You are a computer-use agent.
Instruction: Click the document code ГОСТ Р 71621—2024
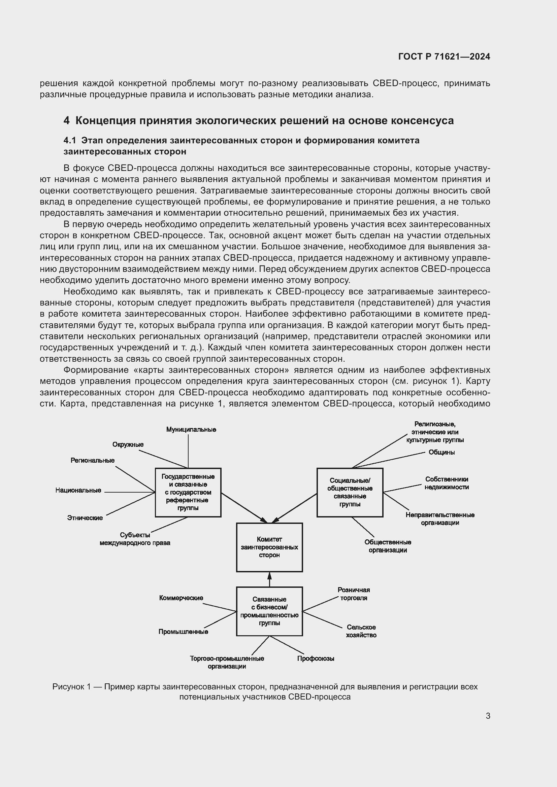[x=444, y=57]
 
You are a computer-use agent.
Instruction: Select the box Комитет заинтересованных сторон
[x=269, y=547]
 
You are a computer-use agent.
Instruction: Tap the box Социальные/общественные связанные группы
[x=350, y=492]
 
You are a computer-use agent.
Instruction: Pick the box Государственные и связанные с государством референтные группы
[x=188, y=492]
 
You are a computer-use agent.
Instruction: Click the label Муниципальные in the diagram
[x=191, y=429]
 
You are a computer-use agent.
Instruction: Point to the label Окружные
[x=128, y=444]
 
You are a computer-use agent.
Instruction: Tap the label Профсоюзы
[x=316, y=658]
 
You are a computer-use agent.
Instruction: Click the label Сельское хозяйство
[x=361, y=631]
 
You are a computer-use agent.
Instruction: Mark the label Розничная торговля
[x=354, y=594]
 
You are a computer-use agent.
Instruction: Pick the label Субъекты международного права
[x=135, y=539]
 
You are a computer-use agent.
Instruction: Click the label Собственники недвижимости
[x=447, y=483]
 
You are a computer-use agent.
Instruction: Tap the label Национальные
[x=78, y=491]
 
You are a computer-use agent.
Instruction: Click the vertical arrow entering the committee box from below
[x=269, y=579]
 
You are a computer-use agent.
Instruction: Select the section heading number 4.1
[x=70, y=141]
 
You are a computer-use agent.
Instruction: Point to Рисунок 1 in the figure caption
[x=71, y=687]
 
